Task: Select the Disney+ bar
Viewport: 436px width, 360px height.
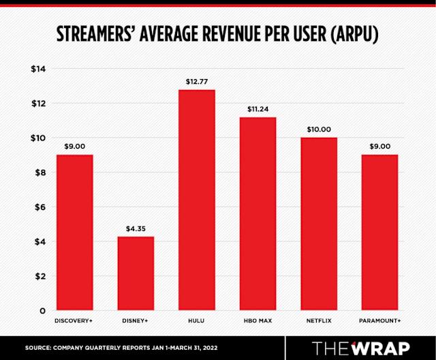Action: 136,273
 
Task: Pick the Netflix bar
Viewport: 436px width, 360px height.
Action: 318,224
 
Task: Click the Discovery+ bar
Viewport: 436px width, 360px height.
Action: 74,232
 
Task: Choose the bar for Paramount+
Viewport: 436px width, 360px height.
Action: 379,232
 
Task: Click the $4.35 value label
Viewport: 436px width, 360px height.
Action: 136,228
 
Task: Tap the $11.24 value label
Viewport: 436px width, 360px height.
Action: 258,109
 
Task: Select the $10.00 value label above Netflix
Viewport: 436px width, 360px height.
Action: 318,130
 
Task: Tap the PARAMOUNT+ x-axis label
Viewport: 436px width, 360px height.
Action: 379,320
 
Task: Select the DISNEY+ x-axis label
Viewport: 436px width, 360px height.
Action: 136,320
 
